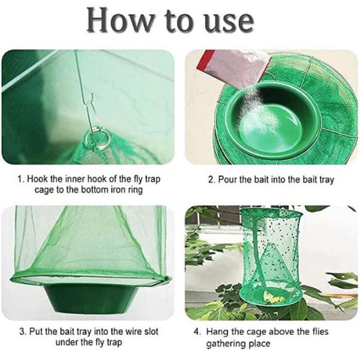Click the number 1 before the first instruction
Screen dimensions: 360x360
pyautogui.click(x=20, y=179)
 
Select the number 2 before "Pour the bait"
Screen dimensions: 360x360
pyautogui.click(x=211, y=179)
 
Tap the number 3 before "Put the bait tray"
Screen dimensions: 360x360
pyautogui.click(x=23, y=332)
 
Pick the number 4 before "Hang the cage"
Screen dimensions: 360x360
pyautogui.click(x=197, y=332)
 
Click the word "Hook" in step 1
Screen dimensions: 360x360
pyautogui.click(x=37, y=179)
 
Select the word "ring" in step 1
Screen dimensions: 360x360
pyautogui.click(x=135, y=190)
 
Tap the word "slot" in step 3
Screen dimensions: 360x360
pyautogui.click(x=151, y=332)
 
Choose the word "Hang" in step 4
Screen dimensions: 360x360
pyautogui.click(x=217, y=332)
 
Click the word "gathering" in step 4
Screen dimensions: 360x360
pyautogui.click(x=226, y=344)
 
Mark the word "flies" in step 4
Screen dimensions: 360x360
pyautogui.click(x=320, y=332)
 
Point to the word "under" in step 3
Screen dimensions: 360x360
pyautogui.click(x=67, y=343)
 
